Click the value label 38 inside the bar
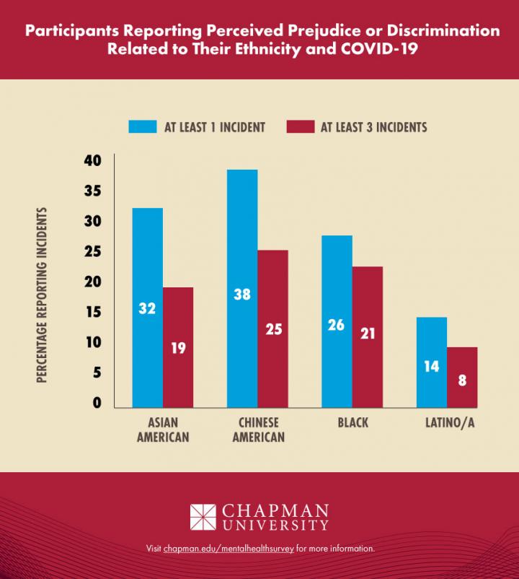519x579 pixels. click(241, 295)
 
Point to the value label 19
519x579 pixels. click(178, 348)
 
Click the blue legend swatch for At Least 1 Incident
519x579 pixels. click(143, 127)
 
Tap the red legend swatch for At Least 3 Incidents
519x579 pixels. click(300, 127)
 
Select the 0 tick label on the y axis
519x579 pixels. click(96, 403)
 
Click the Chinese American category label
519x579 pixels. click(257, 430)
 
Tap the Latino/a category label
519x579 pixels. click(445, 423)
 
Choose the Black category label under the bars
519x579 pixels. click(352, 423)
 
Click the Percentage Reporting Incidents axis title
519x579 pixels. click(43, 294)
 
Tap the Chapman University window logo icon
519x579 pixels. click(203, 517)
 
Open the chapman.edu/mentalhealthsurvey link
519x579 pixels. click(229, 549)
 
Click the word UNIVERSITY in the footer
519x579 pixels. click(275, 526)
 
